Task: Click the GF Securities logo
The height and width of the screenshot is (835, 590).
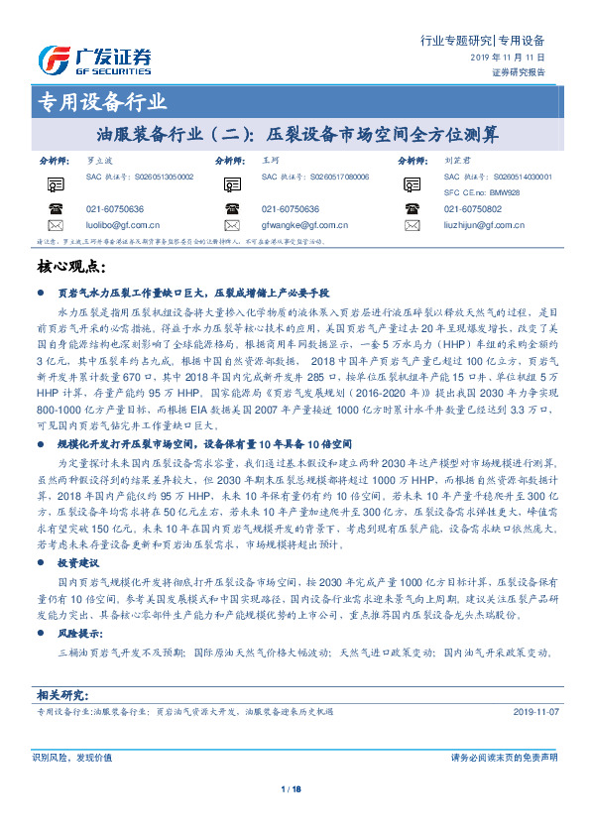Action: click(95, 60)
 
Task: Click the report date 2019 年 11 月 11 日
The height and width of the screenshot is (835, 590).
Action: click(506, 59)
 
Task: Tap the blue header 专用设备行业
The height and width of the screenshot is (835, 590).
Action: click(102, 101)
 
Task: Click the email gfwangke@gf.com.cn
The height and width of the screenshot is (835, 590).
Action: click(297, 226)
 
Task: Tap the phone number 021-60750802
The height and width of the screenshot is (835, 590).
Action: click(473, 209)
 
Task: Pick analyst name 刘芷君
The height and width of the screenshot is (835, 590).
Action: click(456, 159)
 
